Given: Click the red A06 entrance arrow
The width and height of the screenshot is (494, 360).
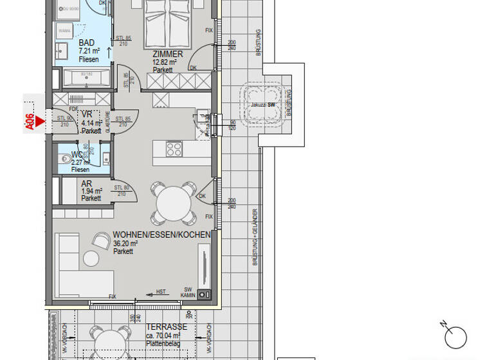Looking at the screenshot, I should point(40,120).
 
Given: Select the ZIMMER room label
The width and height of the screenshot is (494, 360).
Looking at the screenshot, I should point(167,55).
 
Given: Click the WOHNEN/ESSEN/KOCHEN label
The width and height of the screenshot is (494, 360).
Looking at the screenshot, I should point(161,235).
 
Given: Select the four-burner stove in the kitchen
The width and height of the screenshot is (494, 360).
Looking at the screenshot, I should point(174,149).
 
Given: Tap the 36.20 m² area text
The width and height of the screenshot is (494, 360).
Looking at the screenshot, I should point(125,244).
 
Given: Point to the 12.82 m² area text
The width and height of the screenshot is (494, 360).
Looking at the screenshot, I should point(164,63).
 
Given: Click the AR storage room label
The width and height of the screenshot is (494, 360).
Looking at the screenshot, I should point(87,184).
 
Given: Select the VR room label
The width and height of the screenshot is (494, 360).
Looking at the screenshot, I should point(87,114).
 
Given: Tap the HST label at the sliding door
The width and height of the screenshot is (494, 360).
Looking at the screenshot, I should point(161,292).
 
